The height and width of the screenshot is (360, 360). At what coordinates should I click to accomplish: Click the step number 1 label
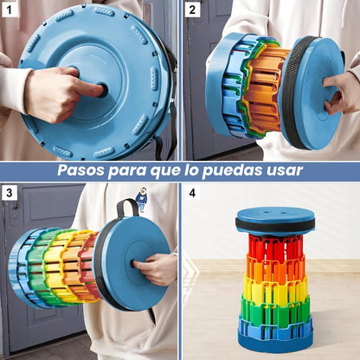9,10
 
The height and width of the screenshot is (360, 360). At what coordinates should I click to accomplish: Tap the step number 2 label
192,10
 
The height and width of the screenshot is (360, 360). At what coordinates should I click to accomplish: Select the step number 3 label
9,193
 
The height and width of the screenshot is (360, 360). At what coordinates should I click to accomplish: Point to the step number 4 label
192,193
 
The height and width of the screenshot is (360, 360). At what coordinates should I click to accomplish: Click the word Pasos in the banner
81,170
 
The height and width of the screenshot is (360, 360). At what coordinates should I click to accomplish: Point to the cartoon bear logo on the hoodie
141,198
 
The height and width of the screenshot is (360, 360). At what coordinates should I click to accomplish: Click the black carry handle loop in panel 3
126,205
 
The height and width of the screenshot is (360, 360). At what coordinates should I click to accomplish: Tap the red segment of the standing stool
275,247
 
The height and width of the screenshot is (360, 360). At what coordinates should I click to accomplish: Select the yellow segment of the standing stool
274,287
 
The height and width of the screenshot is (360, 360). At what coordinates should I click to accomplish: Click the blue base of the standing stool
275,337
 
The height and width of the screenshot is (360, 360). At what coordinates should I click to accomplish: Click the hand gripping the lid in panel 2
340,93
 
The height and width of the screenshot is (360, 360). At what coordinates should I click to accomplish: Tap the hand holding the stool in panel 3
154,268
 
